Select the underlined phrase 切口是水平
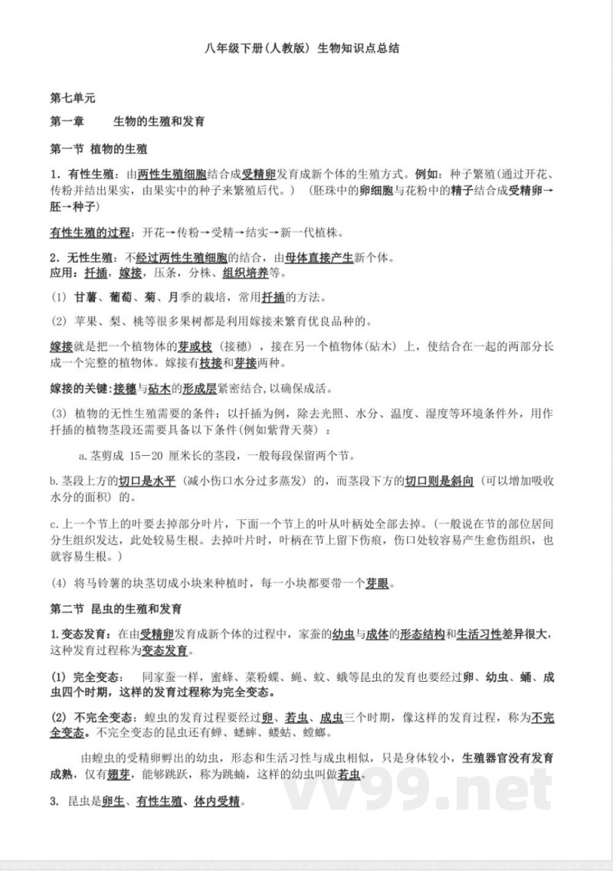(147, 480)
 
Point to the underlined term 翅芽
(120, 774)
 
